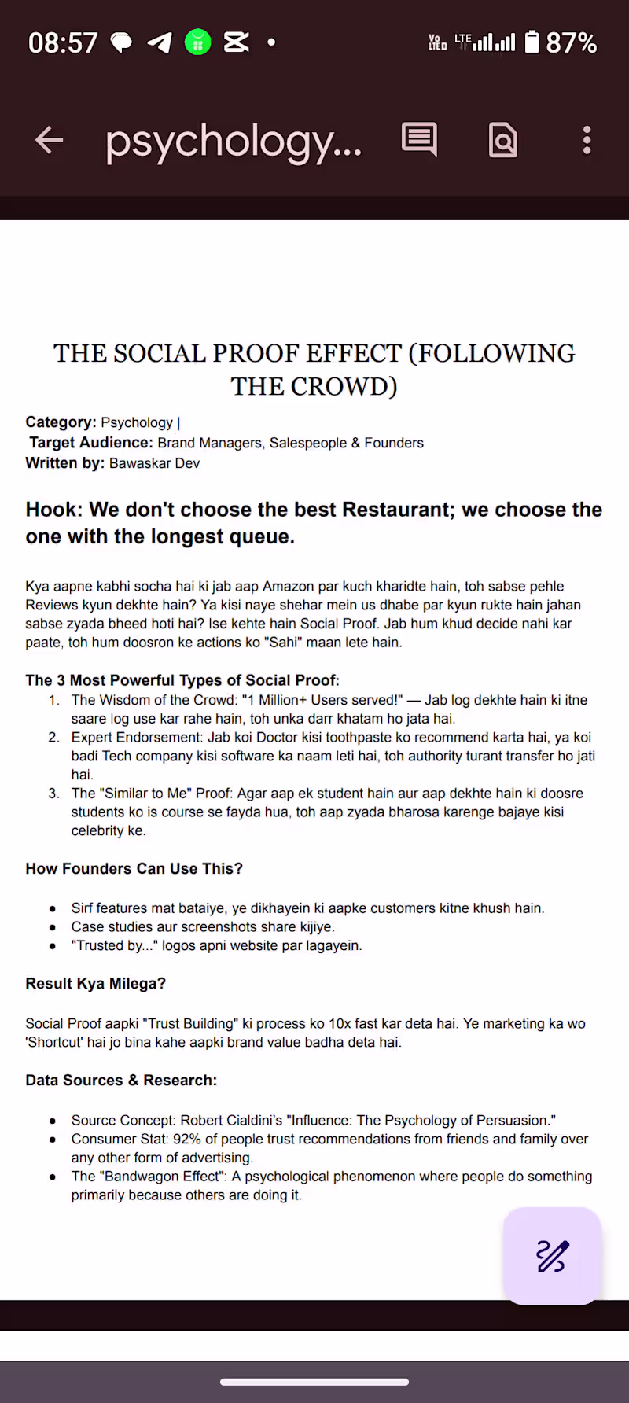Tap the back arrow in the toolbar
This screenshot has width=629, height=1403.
click(x=49, y=141)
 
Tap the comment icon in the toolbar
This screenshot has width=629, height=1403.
click(x=419, y=140)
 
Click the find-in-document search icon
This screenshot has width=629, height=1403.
click(x=503, y=141)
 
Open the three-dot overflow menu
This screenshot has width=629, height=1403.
click(x=587, y=141)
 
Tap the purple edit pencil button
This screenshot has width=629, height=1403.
click(x=552, y=1256)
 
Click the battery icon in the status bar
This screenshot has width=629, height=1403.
click(x=532, y=42)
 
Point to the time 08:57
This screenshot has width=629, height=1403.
click(x=63, y=42)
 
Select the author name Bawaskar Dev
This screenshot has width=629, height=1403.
click(x=155, y=463)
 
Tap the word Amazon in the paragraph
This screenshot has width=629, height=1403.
click(x=289, y=586)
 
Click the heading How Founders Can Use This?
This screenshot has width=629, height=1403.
click(x=134, y=868)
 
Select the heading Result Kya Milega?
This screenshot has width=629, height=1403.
click(x=96, y=983)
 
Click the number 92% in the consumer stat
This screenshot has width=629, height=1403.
click(x=187, y=1139)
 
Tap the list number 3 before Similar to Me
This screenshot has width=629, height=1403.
click(x=53, y=794)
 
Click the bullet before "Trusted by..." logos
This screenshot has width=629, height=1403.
click(x=53, y=946)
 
